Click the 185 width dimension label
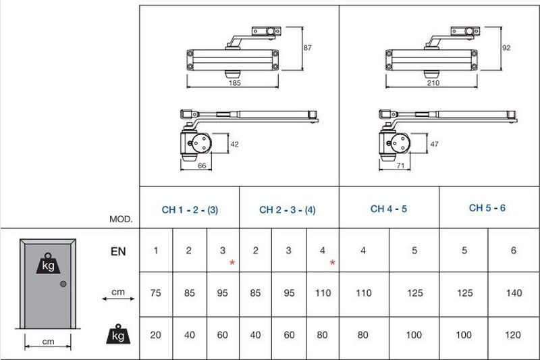[234, 82]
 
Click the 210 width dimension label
[433, 82]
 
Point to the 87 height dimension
[308, 48]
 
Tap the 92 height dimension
[506, 48]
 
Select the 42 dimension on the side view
[234, 144]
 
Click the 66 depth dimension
[202, 165]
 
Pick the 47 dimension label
[434, 144]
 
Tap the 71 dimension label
[400, 165]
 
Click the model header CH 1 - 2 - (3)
[190, 210]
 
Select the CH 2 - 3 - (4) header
[288, 210]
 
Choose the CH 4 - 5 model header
[389, 209]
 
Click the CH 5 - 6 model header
[487, 208]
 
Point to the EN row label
[118, 251]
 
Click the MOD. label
[121, 219]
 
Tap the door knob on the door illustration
[63, 284]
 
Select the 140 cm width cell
[514, 293]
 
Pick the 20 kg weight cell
[156, 335]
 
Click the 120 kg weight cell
[513, 335]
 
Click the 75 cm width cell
[156, 293]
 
